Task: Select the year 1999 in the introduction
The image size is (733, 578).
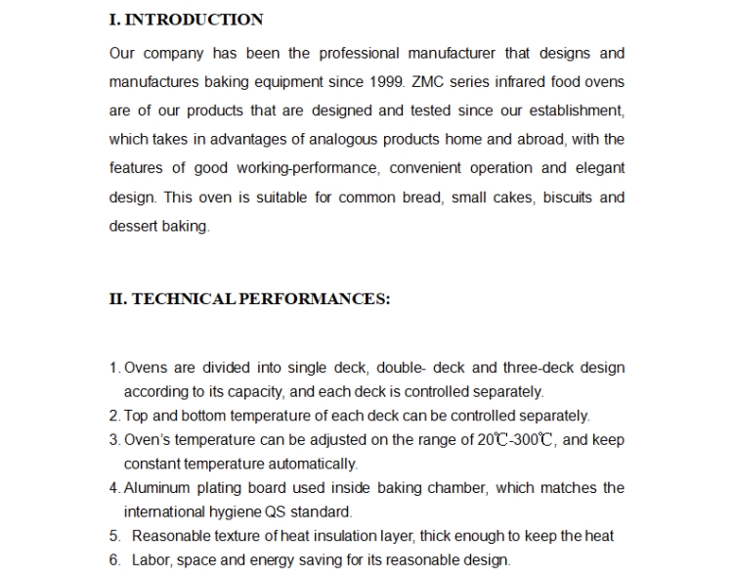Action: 386,81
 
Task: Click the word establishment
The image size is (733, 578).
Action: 572,111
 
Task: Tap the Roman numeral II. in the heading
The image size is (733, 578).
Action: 117,299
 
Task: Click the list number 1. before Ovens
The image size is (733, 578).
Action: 114,368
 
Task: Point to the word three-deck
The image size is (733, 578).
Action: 538,368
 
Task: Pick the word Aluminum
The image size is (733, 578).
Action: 156,487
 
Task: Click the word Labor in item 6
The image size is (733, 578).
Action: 151,560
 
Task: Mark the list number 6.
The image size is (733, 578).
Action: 114,560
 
